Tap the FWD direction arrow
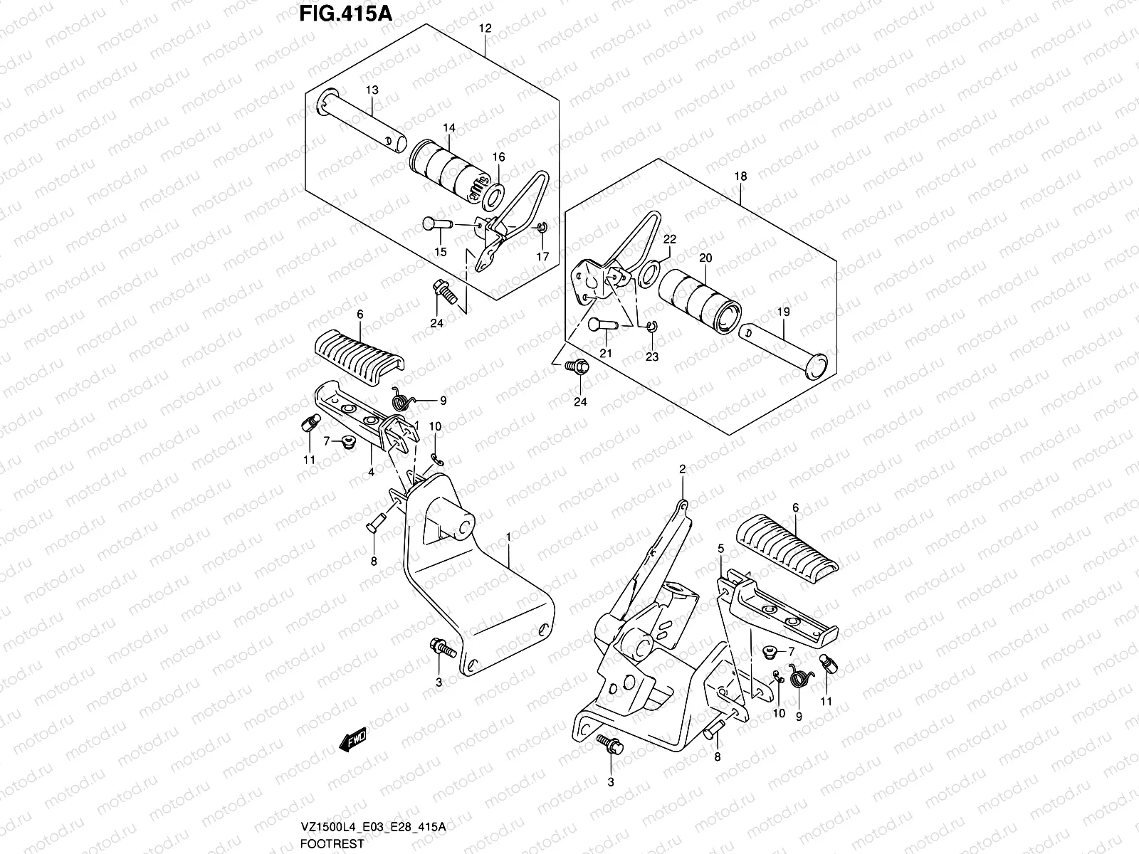coord(353,742)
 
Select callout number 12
coord(485,29)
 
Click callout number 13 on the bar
coord(372,90)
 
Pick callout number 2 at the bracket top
coord(682,469)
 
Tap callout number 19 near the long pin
coord(783,312)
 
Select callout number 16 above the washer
coord(498,157)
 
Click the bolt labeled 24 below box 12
coord(440,290)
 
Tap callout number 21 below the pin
coord(606,354)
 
